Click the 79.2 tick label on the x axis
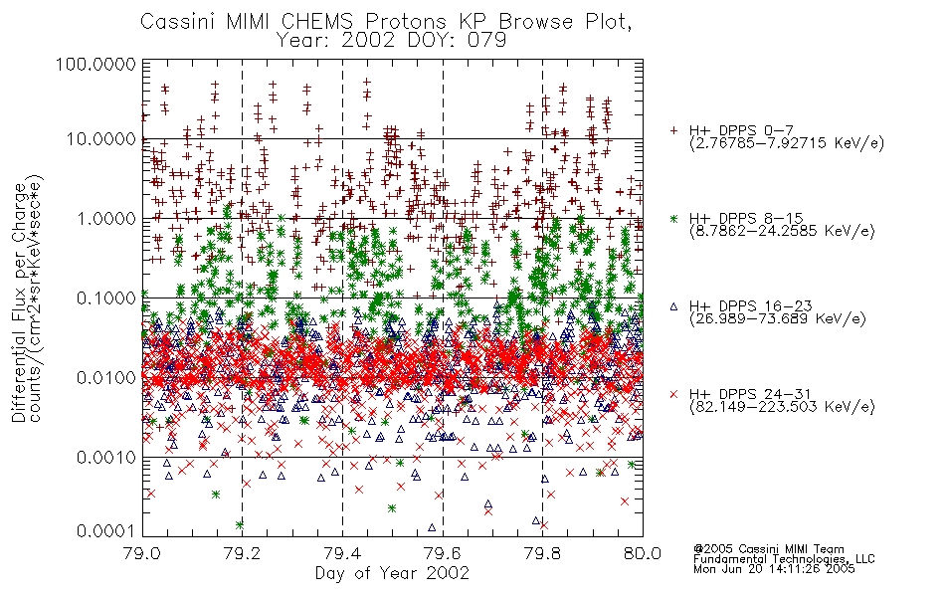point(243,553)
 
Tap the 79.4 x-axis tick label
point(343,553)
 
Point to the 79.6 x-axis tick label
point(443,553)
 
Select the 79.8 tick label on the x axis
point(542,553)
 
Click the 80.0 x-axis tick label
point(643,553)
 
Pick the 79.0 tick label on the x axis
point(142,553)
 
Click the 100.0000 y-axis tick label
point(95,64)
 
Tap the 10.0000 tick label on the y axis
point(100,139)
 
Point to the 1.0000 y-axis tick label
point(105,218)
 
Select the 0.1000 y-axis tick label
point(105,298)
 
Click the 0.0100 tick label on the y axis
point(105,378)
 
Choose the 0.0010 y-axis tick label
point(105,458)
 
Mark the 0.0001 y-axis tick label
point(105,531)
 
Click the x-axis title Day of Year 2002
point(392,573)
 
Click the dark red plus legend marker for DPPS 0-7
point(673,130)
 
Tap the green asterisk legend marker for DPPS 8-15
point(673,218)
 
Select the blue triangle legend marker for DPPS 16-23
point(673,306)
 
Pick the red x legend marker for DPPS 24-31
point(673,394)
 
